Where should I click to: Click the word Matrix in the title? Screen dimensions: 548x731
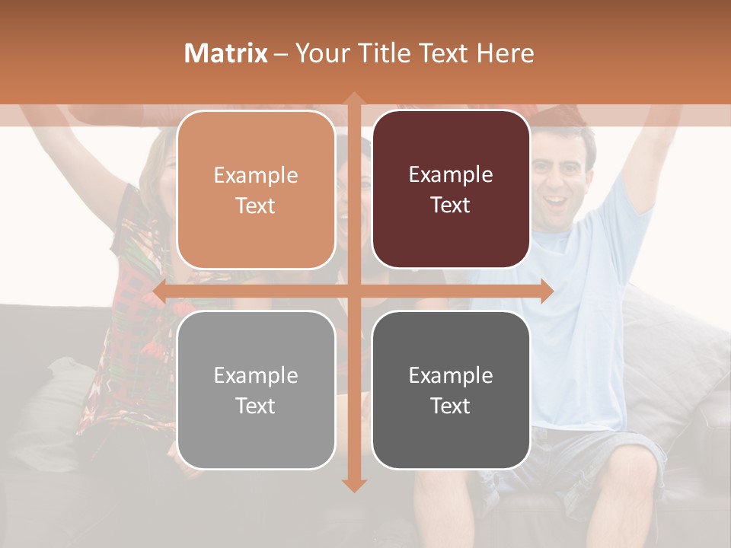226,53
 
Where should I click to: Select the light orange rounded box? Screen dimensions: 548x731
256,190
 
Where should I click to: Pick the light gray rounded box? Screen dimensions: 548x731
256,390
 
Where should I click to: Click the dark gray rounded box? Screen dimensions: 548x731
451,390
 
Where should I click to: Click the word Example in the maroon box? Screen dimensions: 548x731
451,174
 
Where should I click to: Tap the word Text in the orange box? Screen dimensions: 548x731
256,205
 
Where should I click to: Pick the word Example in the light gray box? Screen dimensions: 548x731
256,375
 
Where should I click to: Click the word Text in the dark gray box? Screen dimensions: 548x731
451,406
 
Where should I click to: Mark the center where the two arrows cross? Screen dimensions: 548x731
353,292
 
